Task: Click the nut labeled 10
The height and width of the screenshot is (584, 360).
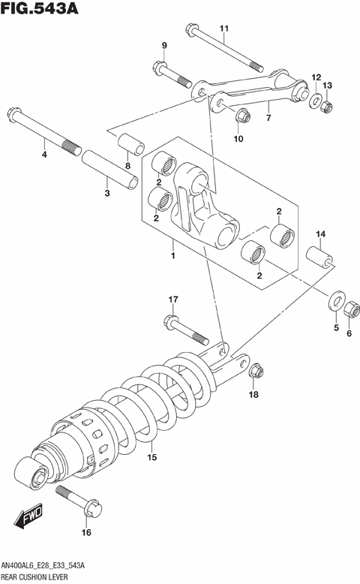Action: click(x=241, y=116)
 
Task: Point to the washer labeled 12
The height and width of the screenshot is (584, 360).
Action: click(x=314, y=101)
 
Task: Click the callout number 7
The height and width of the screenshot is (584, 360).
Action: click(x=268, y=119)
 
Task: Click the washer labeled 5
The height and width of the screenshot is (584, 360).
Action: click(x=333, y=302)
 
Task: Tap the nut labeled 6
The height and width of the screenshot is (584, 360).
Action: click(x=349, y=310)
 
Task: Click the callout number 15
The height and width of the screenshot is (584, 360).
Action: click(x=151, y=457)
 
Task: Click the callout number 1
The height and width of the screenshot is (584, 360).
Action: click(x=172, y=256)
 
